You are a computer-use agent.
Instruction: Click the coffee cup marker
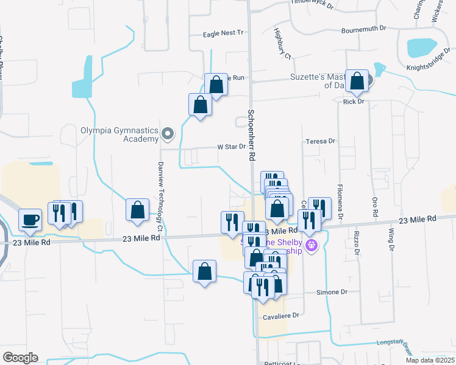tap(30, 220)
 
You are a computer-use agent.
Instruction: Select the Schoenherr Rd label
tap(251, 135)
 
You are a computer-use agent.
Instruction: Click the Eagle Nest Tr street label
tap(223, 33)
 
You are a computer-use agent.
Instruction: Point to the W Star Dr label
tap(231, 147)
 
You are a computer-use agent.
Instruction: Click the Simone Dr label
tap(332, 293)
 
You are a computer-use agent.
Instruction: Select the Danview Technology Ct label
tap(160, 194)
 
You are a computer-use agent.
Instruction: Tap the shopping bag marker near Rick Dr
tap(357, 81)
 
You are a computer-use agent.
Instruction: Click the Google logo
tap(20, 358)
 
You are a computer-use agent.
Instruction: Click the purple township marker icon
tap(312, 246)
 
